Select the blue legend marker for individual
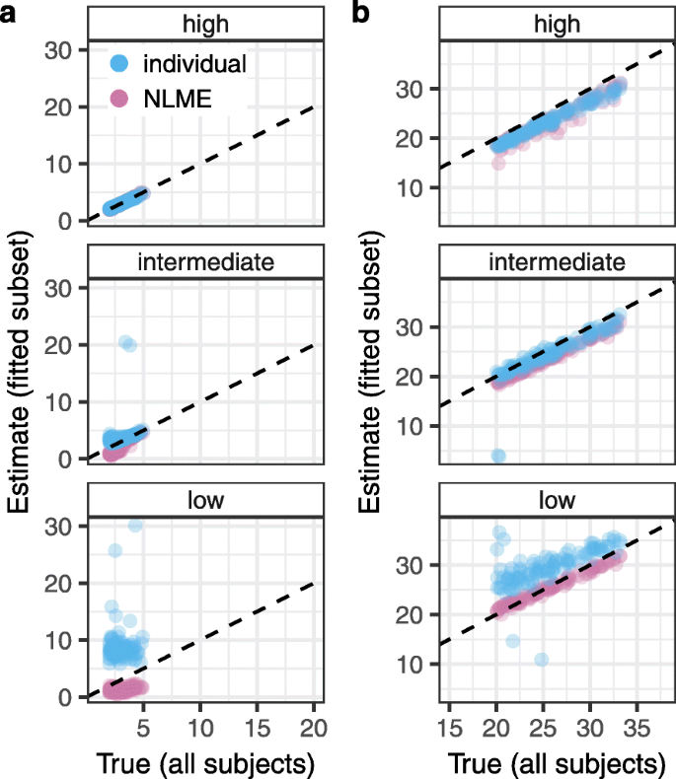coord(120,64)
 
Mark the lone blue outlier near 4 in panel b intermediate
coord(498,456)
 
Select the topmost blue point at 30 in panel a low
coord(135,525)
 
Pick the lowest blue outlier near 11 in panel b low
coord(541,659)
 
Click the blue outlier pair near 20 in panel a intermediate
coord(126,343)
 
